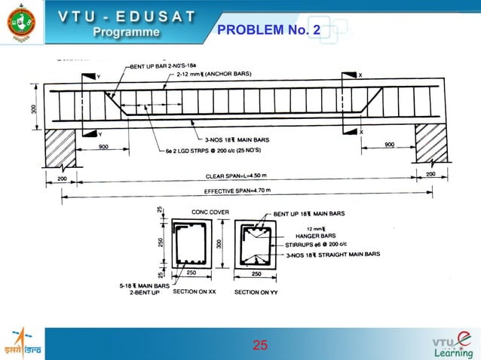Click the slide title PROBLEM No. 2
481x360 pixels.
pos(268,30)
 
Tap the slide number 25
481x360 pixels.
pos(260,346)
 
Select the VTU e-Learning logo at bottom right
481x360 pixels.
pos(452,342)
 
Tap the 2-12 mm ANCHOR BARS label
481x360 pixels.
pos(214,74)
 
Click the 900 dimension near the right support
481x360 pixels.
pos(391,145)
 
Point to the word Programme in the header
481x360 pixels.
pos(127,32)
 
